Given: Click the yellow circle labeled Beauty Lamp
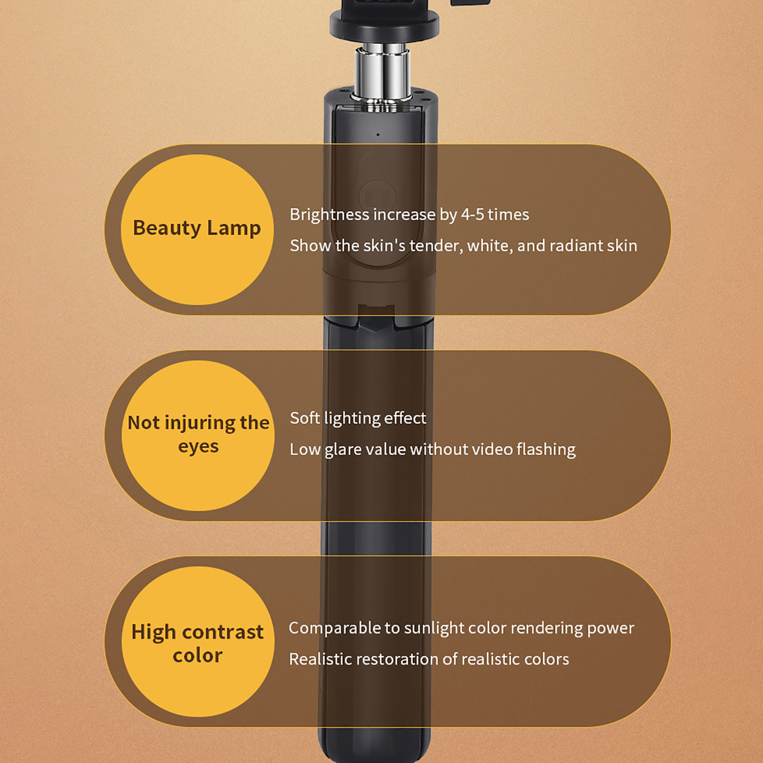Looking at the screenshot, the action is pos(197,229).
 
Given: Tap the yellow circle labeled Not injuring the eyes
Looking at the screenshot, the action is pos(198,435).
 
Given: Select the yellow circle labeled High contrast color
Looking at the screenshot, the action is pos(198,641).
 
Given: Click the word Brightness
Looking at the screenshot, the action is pos(330,215).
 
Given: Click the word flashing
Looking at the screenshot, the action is pos(546,450).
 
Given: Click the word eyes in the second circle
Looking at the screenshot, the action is pos(198,447).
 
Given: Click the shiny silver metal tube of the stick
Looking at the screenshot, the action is pos(382,72).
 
